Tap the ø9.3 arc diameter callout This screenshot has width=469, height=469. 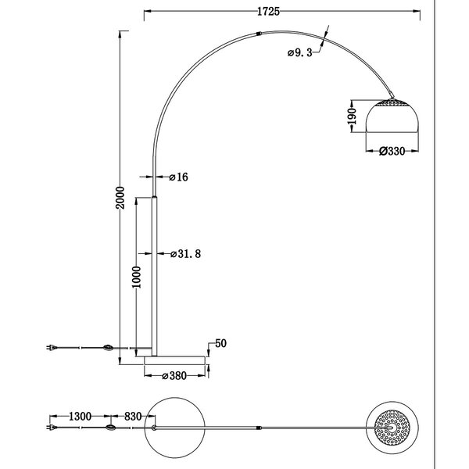299,52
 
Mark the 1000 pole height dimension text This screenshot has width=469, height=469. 136,278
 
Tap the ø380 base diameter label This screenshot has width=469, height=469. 177,375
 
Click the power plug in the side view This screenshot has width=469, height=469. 53,347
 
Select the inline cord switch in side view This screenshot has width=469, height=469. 108,347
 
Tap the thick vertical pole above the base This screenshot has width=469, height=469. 156,274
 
